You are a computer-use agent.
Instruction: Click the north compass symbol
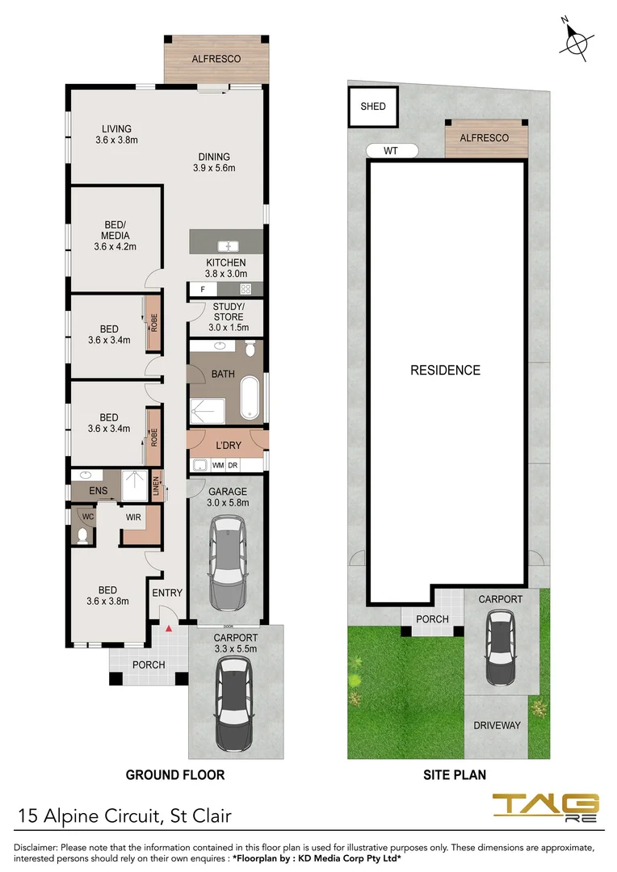pyautogui.click(x=577, y=41)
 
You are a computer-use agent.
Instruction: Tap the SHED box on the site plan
pyautogui.click(x=373, y=107)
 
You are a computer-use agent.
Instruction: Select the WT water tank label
pyautogui.click(x=392, y=151)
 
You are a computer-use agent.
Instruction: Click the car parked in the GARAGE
pyautogui.click(x=227, y=564)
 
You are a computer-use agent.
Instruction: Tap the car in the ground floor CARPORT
pyautogui.click(x=233, y=702)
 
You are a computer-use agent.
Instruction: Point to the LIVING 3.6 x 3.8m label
pyautogui.click(x=116, y=134)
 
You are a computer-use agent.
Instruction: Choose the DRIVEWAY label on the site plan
pyautogui.click(x=497, y=725)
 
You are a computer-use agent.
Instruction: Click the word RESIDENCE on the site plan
pyautogui.click(x=445, y=371)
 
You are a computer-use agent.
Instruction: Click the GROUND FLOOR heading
pyautogui.click(x=174, y=775)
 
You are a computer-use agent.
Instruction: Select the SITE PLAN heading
pyautogui.click(x=455, y=775)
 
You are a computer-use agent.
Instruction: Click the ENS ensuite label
pyautogui.click(x=86, y=490)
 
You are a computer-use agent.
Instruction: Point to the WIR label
pyautogui.click(x=132, y=517)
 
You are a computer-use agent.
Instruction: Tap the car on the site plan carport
pyautogui.click(x=500, y=648)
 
